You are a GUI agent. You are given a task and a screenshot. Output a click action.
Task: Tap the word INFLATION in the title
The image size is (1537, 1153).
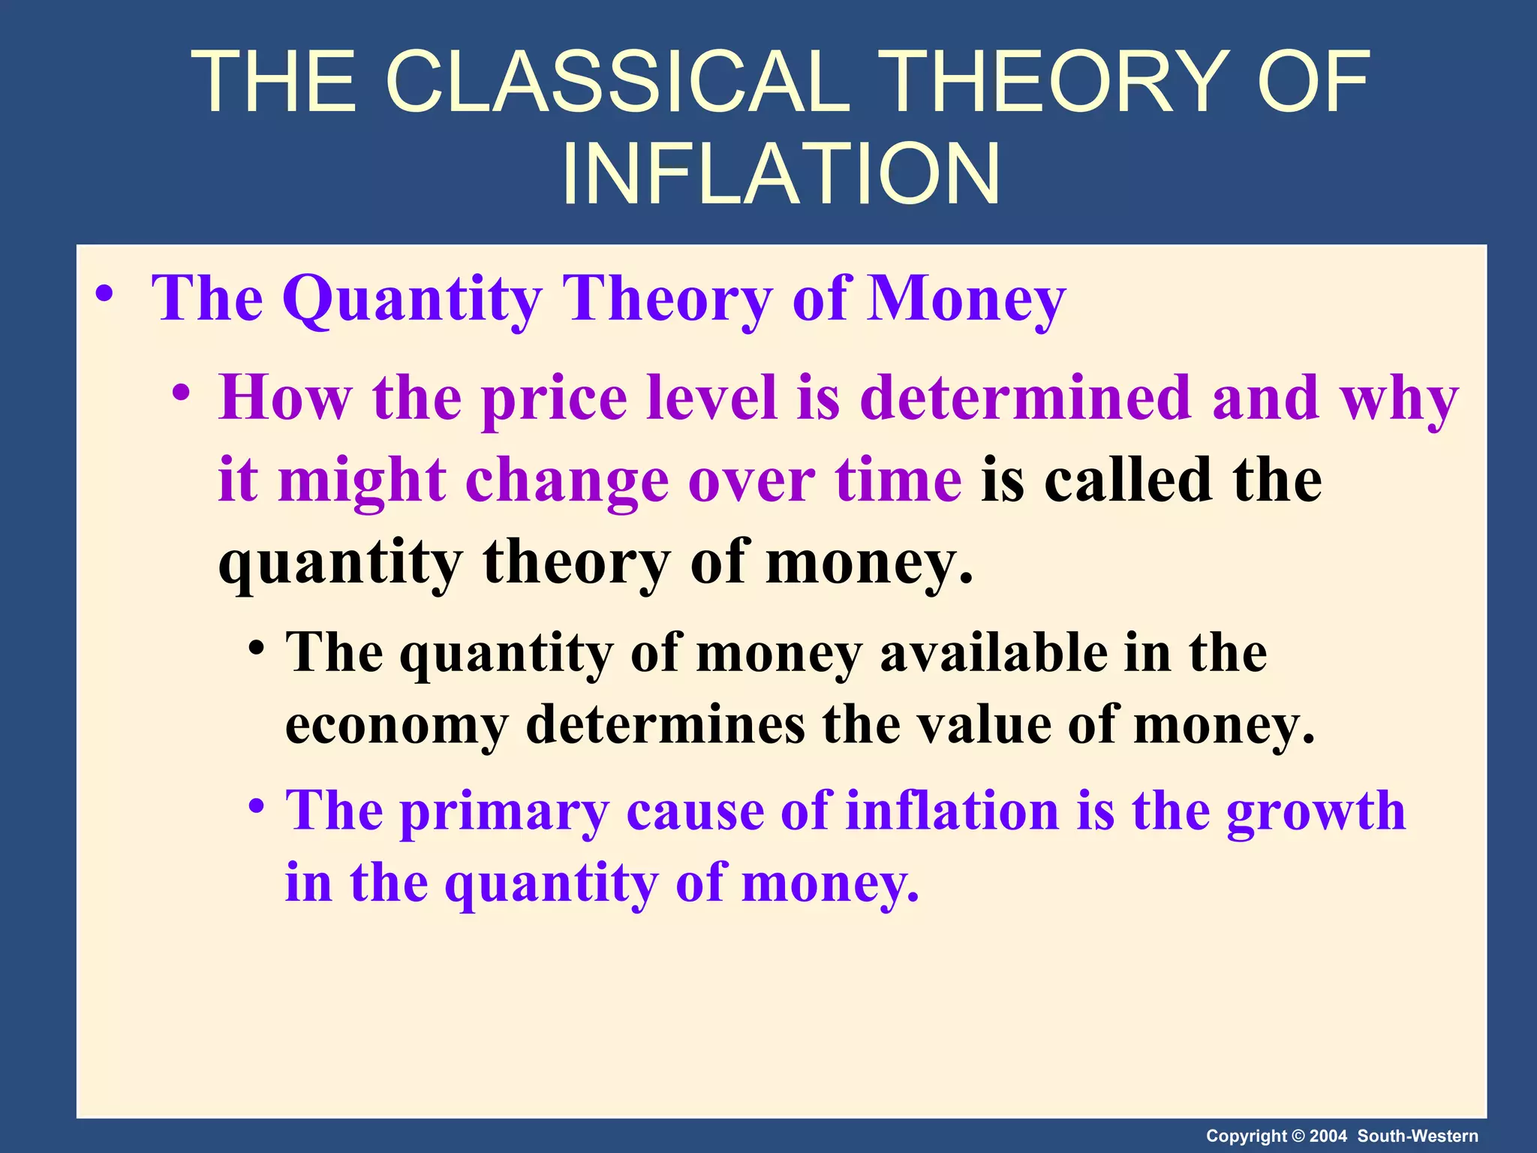[x=781, y=174]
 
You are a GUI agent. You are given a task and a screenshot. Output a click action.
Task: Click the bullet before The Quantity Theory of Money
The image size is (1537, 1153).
[x=104, y=294]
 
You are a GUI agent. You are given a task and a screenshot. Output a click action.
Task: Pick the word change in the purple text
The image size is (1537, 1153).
[x=567, y=480]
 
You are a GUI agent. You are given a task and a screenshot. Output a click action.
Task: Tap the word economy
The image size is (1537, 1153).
[x=396, y=727]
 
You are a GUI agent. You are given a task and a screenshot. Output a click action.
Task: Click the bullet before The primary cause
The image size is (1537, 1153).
[x=257, y=807]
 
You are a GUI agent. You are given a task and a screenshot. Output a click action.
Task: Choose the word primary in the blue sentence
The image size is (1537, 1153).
[x=504, y=811]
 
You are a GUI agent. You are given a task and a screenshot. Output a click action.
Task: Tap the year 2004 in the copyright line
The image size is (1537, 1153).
[x=1329, y=1136]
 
